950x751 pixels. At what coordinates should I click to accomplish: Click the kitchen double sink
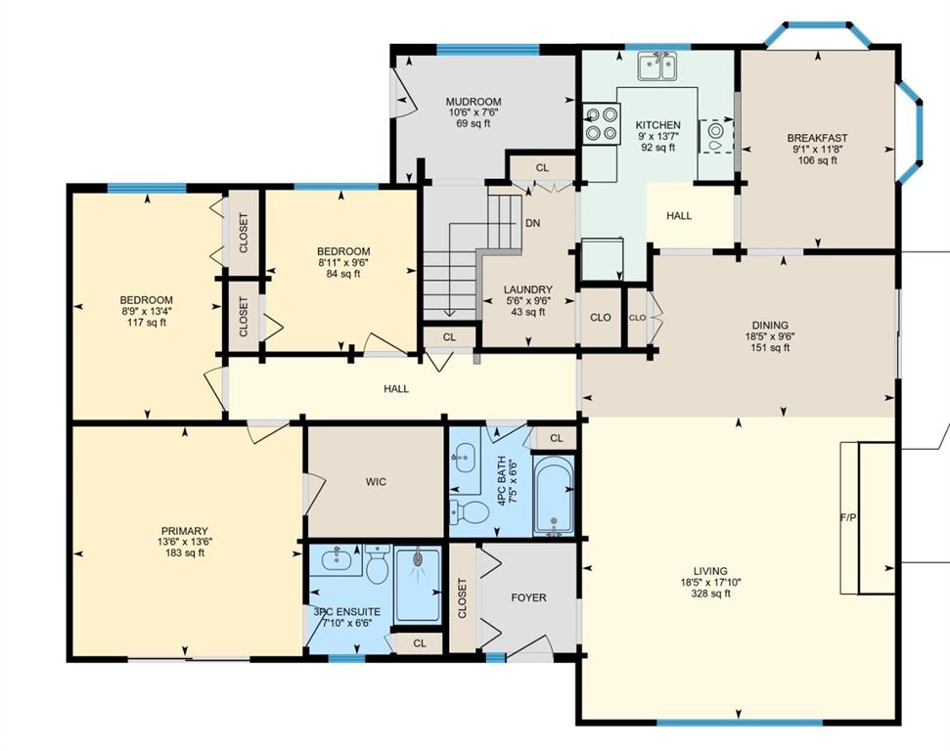tap(657, 66)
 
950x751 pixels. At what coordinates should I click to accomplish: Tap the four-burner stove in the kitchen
tap(602, 124)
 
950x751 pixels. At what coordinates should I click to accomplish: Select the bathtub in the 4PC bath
tap(553, 496)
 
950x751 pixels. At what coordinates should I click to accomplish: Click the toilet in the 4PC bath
tap(470, 512)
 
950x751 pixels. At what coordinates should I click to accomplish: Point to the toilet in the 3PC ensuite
tap(377, 563)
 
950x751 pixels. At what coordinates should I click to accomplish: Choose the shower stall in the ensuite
tap(418, 585)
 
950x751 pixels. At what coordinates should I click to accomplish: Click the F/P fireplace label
tap(848, 518)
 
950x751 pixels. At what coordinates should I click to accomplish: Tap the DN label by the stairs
tap(532, 223)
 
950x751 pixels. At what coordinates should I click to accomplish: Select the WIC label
tap(376, 482)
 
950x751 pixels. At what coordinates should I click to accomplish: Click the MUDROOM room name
tap(474, 102)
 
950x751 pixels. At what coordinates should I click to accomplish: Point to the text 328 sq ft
tap(710, 594)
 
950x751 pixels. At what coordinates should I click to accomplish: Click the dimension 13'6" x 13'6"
tap(185, 542)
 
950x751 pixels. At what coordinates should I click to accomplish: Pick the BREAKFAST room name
tap(817, 138)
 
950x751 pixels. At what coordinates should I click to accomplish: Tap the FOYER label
tap(528, 597)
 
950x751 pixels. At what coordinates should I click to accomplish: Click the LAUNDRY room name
tap(528, 289)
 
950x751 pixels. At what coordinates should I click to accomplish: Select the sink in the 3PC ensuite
tap(341, 559)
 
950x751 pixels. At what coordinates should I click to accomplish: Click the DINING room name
tap(770, 326)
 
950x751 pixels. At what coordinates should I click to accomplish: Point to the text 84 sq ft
tap(343, 273)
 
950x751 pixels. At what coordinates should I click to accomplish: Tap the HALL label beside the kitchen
tap(679, 215)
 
